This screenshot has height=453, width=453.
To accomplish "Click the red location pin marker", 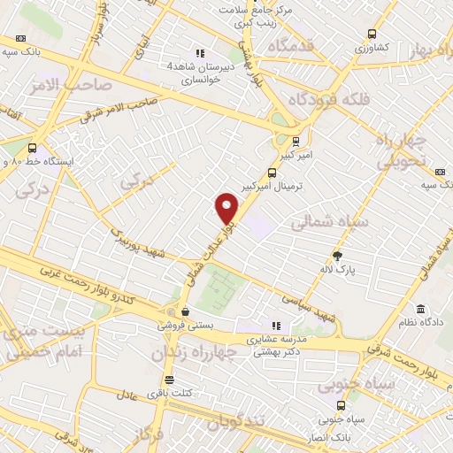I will click(227, 207).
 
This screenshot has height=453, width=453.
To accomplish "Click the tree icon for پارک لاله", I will click(336, 255).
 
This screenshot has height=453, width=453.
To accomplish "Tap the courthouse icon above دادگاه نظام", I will click(418, 311).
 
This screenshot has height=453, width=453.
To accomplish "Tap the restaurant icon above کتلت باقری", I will click(157, 379).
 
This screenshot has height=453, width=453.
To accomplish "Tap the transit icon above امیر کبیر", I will click(295, 139).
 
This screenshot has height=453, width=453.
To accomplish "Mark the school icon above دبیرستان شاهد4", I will click(200, 52).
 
